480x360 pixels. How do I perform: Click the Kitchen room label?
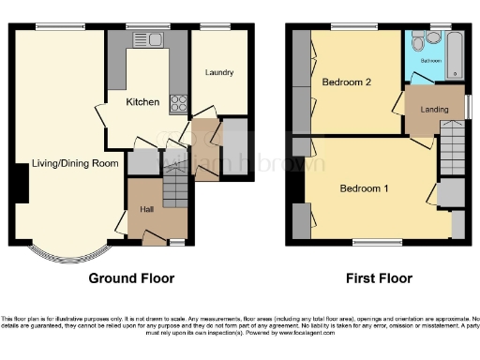click(x=143, y=101)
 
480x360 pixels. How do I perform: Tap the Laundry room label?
click(x=218, y=72)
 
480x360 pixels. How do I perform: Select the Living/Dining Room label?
click(x=75, y=163)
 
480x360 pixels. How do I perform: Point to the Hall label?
click(x=148, y=209)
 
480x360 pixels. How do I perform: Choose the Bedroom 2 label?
click(x=347, y=82)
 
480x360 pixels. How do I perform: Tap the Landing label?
click(x=433, y=109)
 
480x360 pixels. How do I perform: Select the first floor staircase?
click(x=452, y=150)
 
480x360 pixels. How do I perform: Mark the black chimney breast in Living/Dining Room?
click(x=19, y=182)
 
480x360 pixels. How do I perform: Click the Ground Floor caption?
click(x=131, y=278)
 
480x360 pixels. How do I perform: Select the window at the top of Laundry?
click(x=217, y=24)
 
